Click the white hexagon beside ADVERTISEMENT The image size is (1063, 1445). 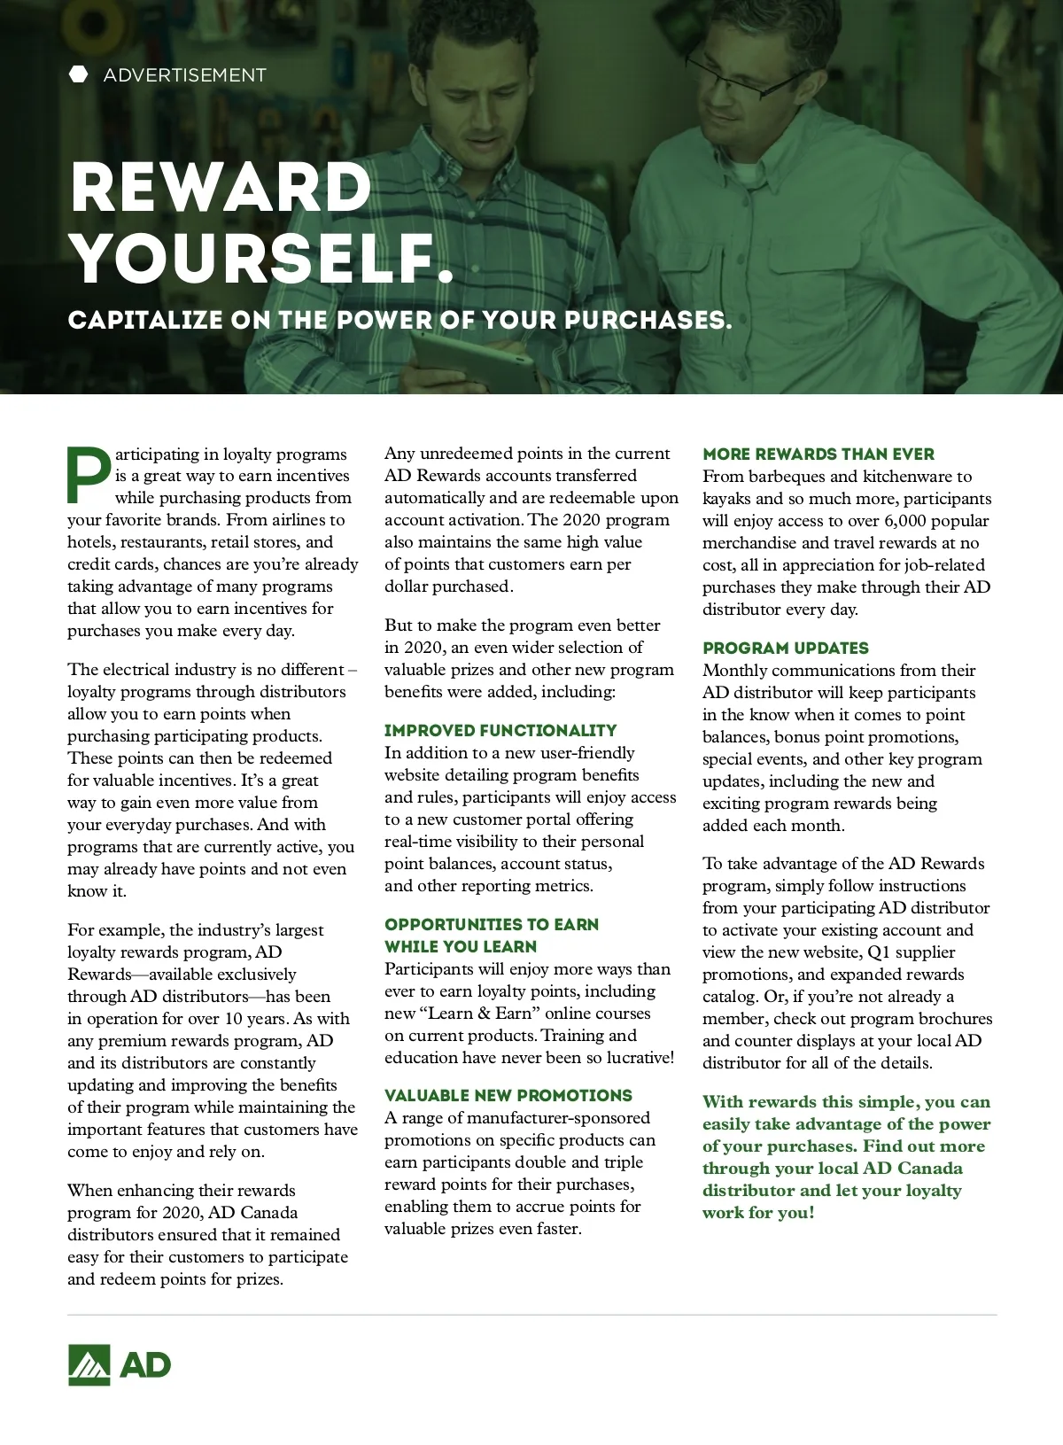tap(79, 74)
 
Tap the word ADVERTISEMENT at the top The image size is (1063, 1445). tap(184, 75)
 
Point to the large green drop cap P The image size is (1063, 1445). tap(89, 474)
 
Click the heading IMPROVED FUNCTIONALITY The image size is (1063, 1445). tap(500, 730)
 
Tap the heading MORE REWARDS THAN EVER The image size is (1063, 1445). tap(819, 454)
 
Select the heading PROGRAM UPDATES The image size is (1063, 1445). tap(786, 648)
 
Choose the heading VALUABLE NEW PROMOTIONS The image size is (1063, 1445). tap(508, 1095)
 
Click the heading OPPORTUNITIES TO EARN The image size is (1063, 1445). tap(492, 924)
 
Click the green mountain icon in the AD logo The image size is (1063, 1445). tap(89, 1364)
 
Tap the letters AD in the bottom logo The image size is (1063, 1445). tap(144, 1365)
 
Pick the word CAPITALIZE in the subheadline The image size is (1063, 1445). tap(145, 320)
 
